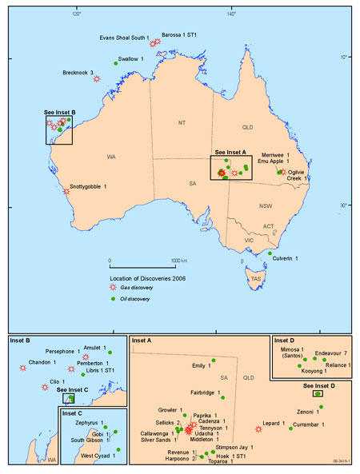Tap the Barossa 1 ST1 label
click(x=181, y=36)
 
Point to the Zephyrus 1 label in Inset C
click(x=81, y=421)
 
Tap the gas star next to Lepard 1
click(x=258, y=429)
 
